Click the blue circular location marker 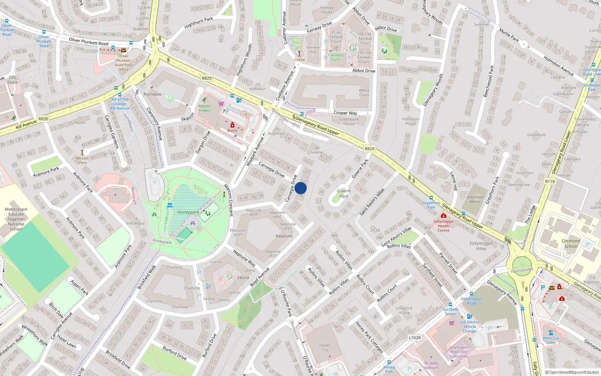coord(300,188)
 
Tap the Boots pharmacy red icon coord(233,125)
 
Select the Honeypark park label coord(188,212)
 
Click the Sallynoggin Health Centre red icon coord(444,216)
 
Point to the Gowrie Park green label coord(344,193)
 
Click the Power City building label coord(325,347)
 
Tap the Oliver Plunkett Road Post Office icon coord(124,50)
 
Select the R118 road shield coord(550,181)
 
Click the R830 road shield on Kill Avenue coord(43,119)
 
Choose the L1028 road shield coord(415,338)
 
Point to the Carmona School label coord(571,243)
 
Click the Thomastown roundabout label coord(522,270)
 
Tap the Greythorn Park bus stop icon coord(431,198)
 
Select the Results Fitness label coord(204,108)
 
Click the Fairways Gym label coord(336,57)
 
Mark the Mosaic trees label coord(82,160)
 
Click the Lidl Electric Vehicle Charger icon coord(470,317)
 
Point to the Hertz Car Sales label coord(551,340)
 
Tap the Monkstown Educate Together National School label coord(16,219)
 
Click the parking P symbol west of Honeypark coord(155,183)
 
